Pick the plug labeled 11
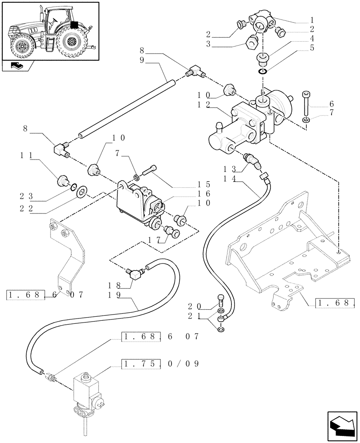[62, 181]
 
